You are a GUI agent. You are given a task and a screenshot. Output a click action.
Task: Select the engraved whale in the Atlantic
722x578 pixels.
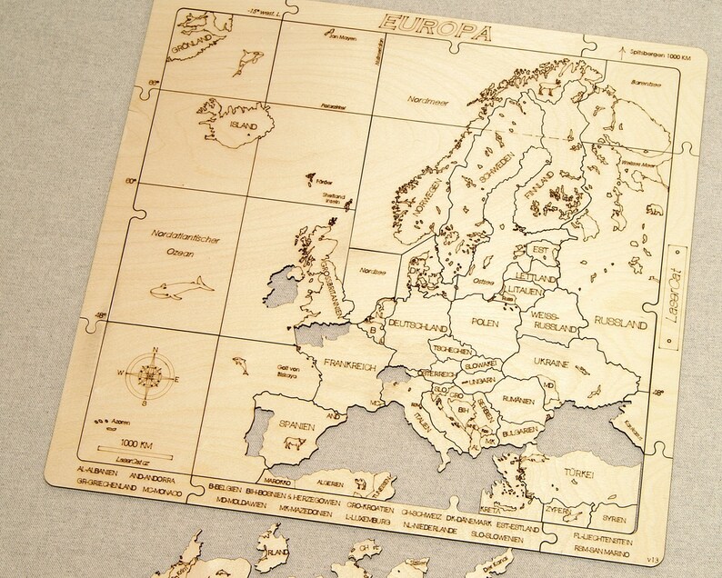181,290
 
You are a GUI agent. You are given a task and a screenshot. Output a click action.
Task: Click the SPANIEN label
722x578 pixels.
284,424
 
